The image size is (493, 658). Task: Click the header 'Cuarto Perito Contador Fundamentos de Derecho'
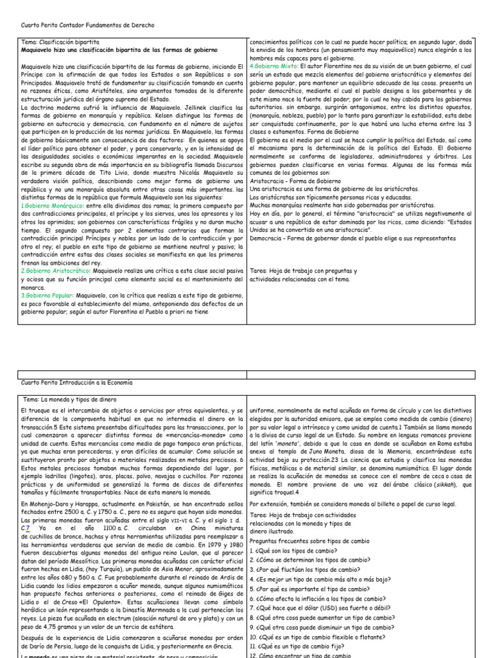point(88,25)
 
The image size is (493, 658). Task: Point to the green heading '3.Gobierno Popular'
point(44,295)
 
